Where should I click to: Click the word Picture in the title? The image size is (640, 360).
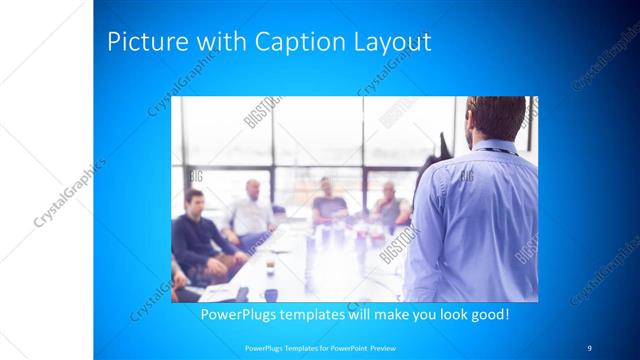point(141,43)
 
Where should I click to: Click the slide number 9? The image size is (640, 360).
point(589,347)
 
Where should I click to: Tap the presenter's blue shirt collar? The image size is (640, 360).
point(495,147)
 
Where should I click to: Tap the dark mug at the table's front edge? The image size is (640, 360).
point(271,294)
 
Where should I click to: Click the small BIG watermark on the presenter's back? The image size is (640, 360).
point(466,176)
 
